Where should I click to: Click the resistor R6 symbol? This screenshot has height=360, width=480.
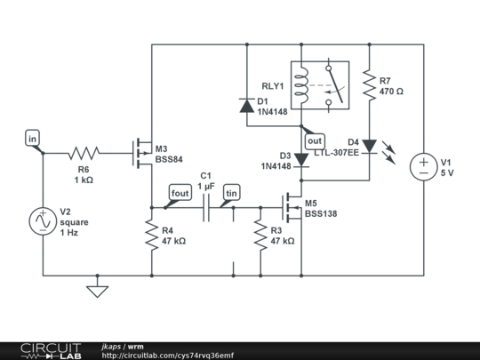tap(84, 153)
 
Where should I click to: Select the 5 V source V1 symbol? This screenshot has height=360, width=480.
tap(423, 166)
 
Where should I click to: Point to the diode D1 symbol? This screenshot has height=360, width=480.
tap(245, 106)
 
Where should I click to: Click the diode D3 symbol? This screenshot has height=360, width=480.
tap(301, 159)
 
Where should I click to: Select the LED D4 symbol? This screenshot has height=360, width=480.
tap(368, 144)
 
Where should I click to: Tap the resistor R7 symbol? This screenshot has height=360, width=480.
tap(368, 85)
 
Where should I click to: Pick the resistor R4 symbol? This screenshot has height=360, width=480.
tap(152, 235)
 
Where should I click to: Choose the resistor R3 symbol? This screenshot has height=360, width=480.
tap(260, 235)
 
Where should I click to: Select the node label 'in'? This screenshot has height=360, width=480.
tap(33, 139)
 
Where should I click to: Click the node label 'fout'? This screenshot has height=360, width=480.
tap(179, 193)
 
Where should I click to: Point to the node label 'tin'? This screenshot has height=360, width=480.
tap(231, 193)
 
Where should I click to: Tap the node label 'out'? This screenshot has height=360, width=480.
tap(314, 140)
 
